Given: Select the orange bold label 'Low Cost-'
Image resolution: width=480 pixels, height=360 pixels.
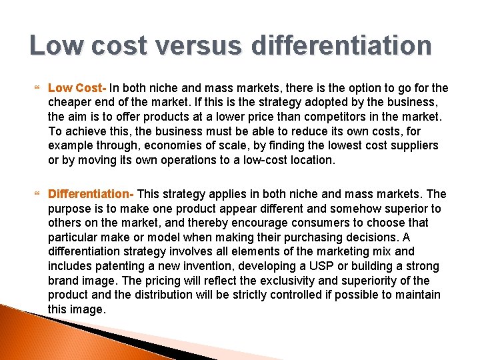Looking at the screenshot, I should (x=77, y=88).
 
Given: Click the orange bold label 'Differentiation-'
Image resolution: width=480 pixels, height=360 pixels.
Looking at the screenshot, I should (x=91, y=194).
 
